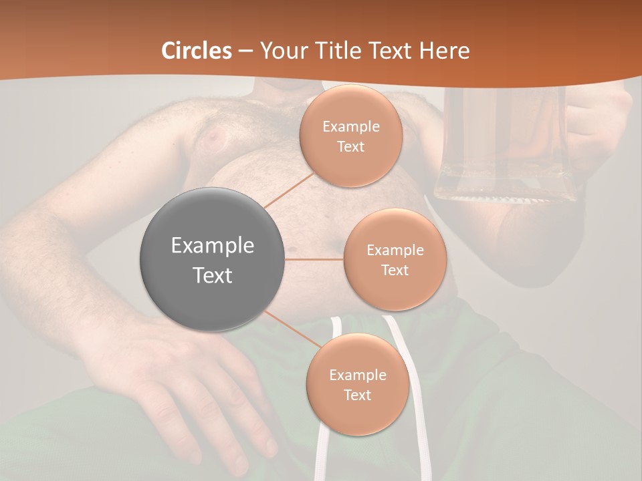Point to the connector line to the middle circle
[314, 259]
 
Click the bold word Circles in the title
[197, 51]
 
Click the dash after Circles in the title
[245, 51]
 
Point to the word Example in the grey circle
[212, 246]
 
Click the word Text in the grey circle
[212, 275]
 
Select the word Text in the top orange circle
[351, 146]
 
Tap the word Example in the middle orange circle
[395, 251]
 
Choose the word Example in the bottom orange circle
[357, 375]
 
